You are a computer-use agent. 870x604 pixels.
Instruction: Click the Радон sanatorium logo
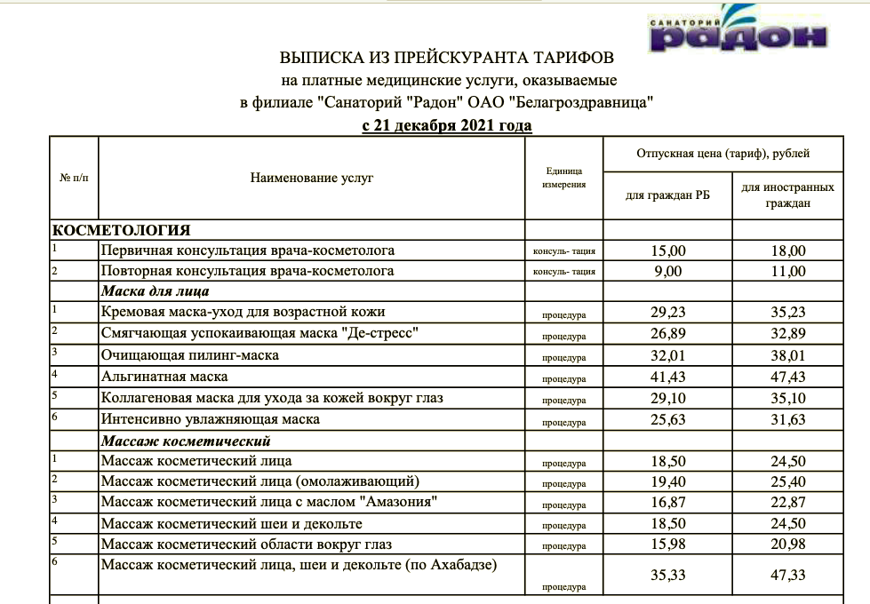[737, 30]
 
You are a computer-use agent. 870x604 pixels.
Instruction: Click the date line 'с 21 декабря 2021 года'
[447, 125]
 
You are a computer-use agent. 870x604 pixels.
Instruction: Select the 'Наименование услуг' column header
[312, 179]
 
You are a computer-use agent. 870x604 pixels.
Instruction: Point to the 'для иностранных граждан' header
[787, 195]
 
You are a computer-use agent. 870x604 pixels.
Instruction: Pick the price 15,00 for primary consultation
[668, 251]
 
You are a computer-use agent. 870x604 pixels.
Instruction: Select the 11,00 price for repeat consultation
[788, 272]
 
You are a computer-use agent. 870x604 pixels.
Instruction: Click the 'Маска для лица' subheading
[155, 291]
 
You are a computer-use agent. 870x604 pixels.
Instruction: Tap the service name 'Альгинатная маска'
[164, 377]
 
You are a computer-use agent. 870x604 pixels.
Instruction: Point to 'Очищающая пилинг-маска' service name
[190, 356]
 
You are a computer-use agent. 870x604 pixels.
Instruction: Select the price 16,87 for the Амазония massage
[668, 503]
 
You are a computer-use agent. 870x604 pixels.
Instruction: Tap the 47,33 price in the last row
[788, 576]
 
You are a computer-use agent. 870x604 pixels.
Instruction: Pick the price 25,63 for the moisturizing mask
[668, 419]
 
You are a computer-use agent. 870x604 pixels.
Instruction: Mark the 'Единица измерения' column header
[564, 179]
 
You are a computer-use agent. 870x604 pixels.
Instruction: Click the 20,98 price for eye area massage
[788, 544]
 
